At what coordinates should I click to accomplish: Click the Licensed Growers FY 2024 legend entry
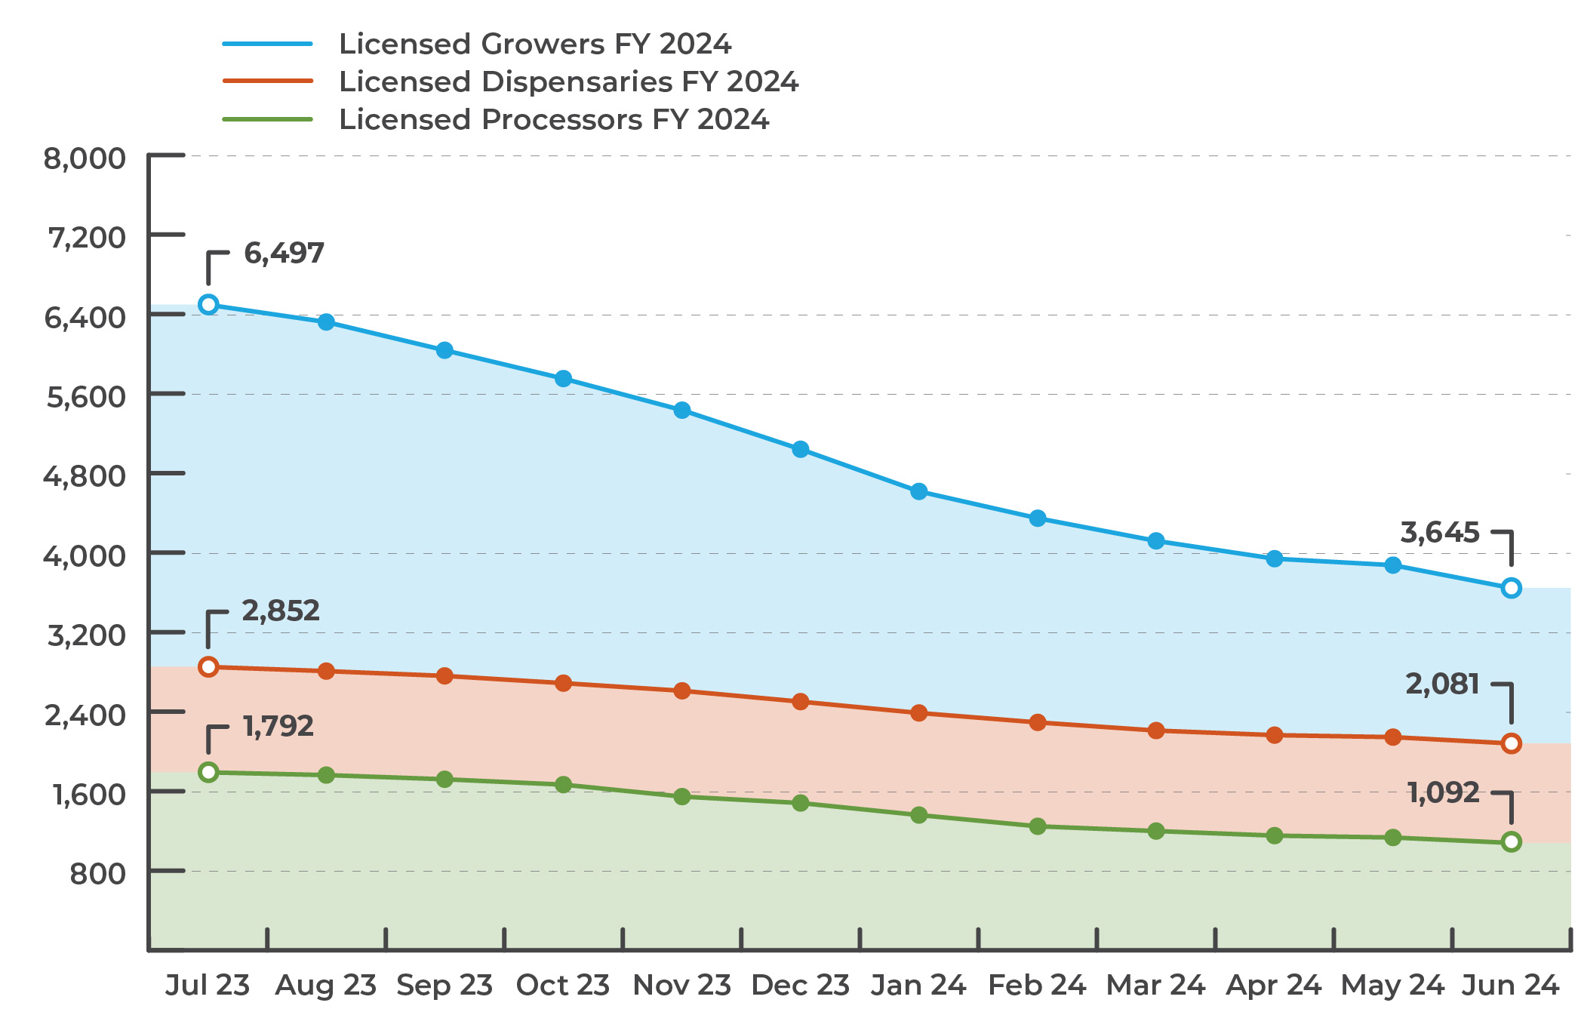(x=534, y=44)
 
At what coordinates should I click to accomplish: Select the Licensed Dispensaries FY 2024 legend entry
(x=567, y=82)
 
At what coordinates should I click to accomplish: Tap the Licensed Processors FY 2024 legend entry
(x=553, y=119)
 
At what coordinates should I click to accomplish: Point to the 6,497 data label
(x=284, y=253)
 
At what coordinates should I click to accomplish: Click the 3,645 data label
(x=1440, y=533)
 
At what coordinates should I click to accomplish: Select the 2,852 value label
(x=281, y=611)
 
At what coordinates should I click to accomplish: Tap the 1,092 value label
(x=1443, y=792)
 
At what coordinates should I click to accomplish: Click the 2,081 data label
(x=1442, y=684)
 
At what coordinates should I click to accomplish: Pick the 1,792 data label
(x=278, y=726)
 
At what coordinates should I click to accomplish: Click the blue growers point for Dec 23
(x=801, y=450)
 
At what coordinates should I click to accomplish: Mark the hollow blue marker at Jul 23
(x=208, y=304)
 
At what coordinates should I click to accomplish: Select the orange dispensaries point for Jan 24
(x=918, y=713)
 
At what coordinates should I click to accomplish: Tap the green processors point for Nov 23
(x=682, y=797)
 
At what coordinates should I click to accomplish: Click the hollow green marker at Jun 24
(x=1511, y=841)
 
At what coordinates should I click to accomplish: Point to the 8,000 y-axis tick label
(x=85, y=158)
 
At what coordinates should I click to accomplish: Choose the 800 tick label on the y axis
(x=97, y=874)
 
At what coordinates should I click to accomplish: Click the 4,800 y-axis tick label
(x=85, y=476)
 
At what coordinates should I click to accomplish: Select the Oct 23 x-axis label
(x=562, y=985)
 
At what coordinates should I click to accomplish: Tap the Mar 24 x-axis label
(x=1155, y=985)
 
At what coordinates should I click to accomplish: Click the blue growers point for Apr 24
(x=1275, y=559)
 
